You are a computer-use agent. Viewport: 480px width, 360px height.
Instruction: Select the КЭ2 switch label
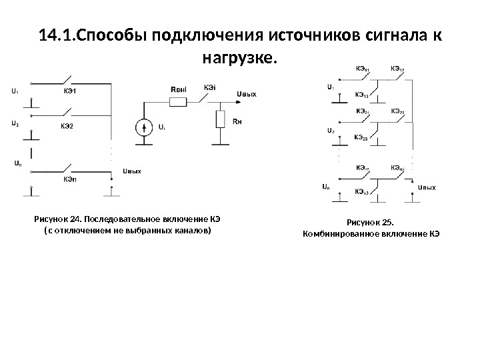point(67,125)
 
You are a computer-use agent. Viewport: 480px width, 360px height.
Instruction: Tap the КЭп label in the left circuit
point(69,179)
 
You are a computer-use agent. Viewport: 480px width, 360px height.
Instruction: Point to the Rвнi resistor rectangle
point(179,102)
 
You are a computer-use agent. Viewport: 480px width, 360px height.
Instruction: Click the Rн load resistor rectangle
point(221,120)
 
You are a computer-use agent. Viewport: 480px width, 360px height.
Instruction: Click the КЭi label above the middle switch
point(210,86)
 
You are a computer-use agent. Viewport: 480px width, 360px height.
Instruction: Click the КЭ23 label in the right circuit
point(361,138)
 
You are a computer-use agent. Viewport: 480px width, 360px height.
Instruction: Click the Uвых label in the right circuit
point(427,188)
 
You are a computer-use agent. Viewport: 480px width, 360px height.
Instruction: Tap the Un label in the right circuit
point(325,187)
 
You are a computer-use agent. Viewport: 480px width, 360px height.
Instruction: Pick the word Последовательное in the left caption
point(120,219)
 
